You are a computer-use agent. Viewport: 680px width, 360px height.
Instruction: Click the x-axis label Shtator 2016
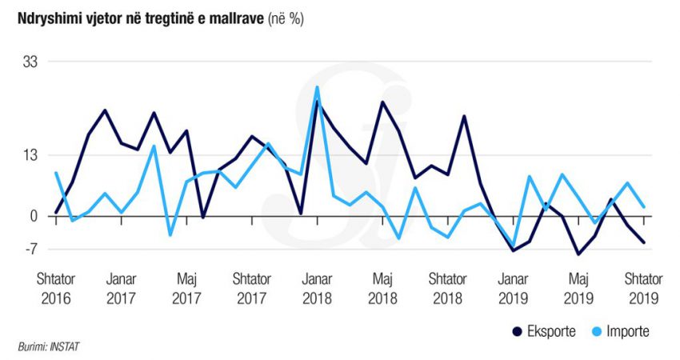55,288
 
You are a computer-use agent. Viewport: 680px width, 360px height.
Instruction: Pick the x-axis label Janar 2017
121,288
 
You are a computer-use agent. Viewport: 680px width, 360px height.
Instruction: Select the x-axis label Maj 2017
186,288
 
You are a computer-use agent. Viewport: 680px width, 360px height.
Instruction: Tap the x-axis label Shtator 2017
252,288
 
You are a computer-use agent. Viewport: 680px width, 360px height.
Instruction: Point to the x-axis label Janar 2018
317,288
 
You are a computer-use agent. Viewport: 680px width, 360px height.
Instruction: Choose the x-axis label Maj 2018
382,288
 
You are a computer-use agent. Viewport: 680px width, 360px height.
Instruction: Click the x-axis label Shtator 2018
448,288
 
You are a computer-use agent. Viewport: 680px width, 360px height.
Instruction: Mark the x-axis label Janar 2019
514,288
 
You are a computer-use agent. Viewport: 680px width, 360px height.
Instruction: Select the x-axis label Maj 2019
579,288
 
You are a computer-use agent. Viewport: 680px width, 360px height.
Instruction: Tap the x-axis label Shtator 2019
644,288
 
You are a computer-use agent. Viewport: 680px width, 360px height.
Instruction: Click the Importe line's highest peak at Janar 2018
317,87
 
